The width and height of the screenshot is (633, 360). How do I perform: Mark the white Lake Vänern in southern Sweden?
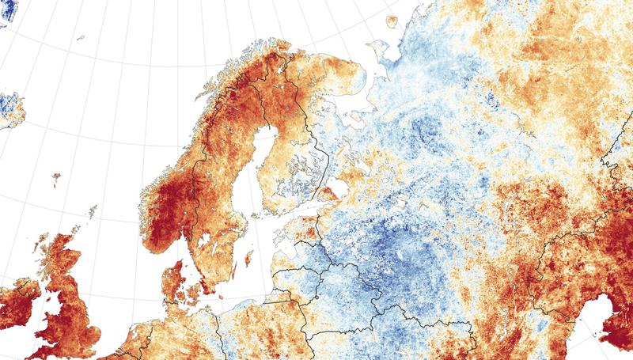click(x=199, y=229)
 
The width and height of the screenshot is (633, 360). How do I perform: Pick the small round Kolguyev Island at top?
click(x=391, y=22)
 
